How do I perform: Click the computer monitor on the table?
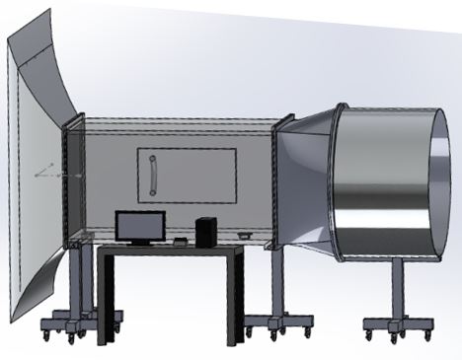pyautogui.click(x=138, y=226)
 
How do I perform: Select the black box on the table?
pyautogui.click(x=205, y=231)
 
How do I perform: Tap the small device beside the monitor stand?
pyautogui.click(x=180, y=241)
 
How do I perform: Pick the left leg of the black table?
pyautogui.click(x=106, y=296)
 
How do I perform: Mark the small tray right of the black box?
pyautogui.click(x=244, y=236)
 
